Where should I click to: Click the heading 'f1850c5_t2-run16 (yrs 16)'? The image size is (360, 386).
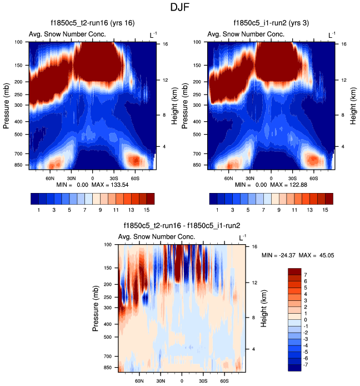coord(92,23)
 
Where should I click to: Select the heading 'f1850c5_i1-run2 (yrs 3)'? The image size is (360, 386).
coord(271,23)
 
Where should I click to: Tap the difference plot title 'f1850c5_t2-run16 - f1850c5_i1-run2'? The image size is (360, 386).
coord(182,226)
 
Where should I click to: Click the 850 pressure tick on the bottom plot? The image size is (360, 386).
coord(109,368)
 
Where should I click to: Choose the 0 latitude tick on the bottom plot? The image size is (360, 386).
coord(182,382)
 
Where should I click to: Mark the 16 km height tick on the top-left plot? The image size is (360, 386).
coord(165,44)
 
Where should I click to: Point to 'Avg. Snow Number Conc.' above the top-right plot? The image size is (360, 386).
coord(246,34)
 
